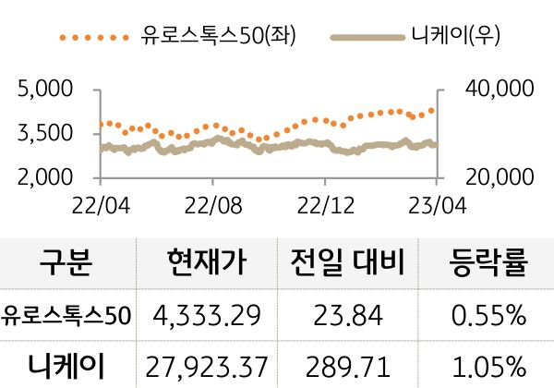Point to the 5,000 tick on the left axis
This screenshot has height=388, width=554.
tap(46, 90)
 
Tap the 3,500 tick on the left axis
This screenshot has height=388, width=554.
tap(46, 133)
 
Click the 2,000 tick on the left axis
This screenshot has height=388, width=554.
tap(46, 176)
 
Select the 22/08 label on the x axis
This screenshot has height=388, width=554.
tap(213, 200)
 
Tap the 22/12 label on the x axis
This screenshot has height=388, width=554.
tap(326, 200)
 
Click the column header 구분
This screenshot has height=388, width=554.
tap(66, 265)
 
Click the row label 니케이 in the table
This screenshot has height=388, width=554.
tap(66, 365)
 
